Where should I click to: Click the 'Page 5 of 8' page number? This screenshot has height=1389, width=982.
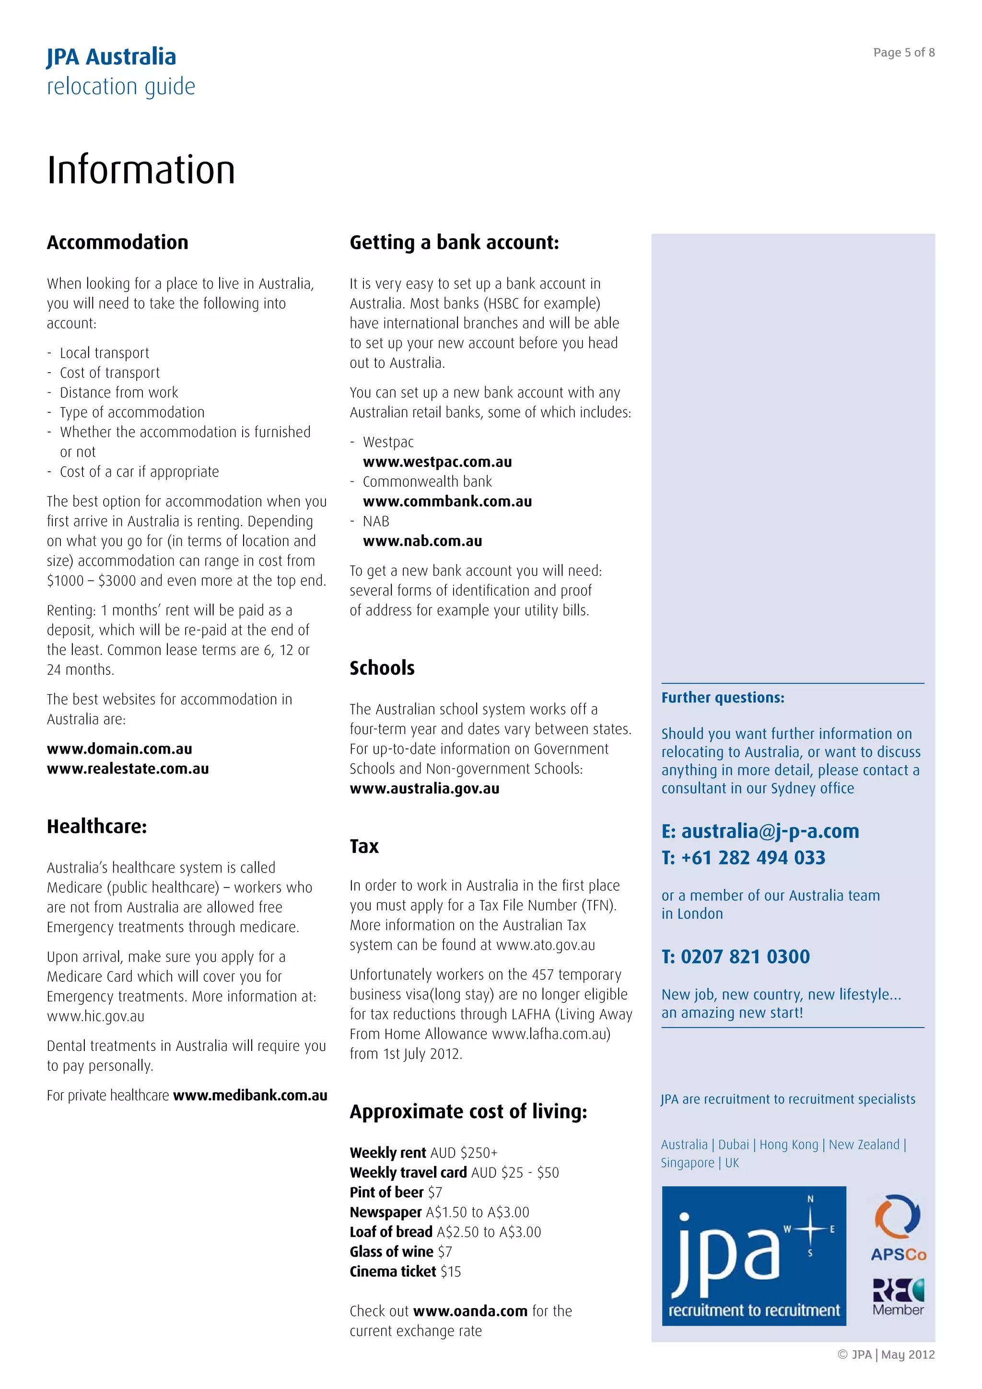click(903, 53)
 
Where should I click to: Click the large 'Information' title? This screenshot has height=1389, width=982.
click(141, 170)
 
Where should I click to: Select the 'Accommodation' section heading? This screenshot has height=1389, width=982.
click(117, 243)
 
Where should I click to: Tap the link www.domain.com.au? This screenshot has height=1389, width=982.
click(119, 749)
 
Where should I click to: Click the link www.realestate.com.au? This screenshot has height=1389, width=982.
click(128, 769)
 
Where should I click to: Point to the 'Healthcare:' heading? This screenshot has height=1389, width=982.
click(97, 827)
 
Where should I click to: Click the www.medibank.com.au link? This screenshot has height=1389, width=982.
click(250, 1096)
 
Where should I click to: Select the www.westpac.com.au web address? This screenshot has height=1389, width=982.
click(437, 462)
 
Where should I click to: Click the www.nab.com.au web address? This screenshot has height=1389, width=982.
click(422, 541)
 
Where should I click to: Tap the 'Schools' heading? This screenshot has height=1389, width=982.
click(382, 668)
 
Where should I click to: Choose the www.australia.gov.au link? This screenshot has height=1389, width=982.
click(424, 789)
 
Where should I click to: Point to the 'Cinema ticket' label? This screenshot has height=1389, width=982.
click(393, 1272)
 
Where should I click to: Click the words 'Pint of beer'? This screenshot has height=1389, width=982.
click(386, 1192)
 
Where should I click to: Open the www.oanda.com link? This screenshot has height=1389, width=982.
click(470, 1311)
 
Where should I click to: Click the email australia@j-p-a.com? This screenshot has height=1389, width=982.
click(770, 831)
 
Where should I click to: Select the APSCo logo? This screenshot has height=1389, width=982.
click(898, 1228)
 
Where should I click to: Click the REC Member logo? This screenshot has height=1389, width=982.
click(898, 1297)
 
